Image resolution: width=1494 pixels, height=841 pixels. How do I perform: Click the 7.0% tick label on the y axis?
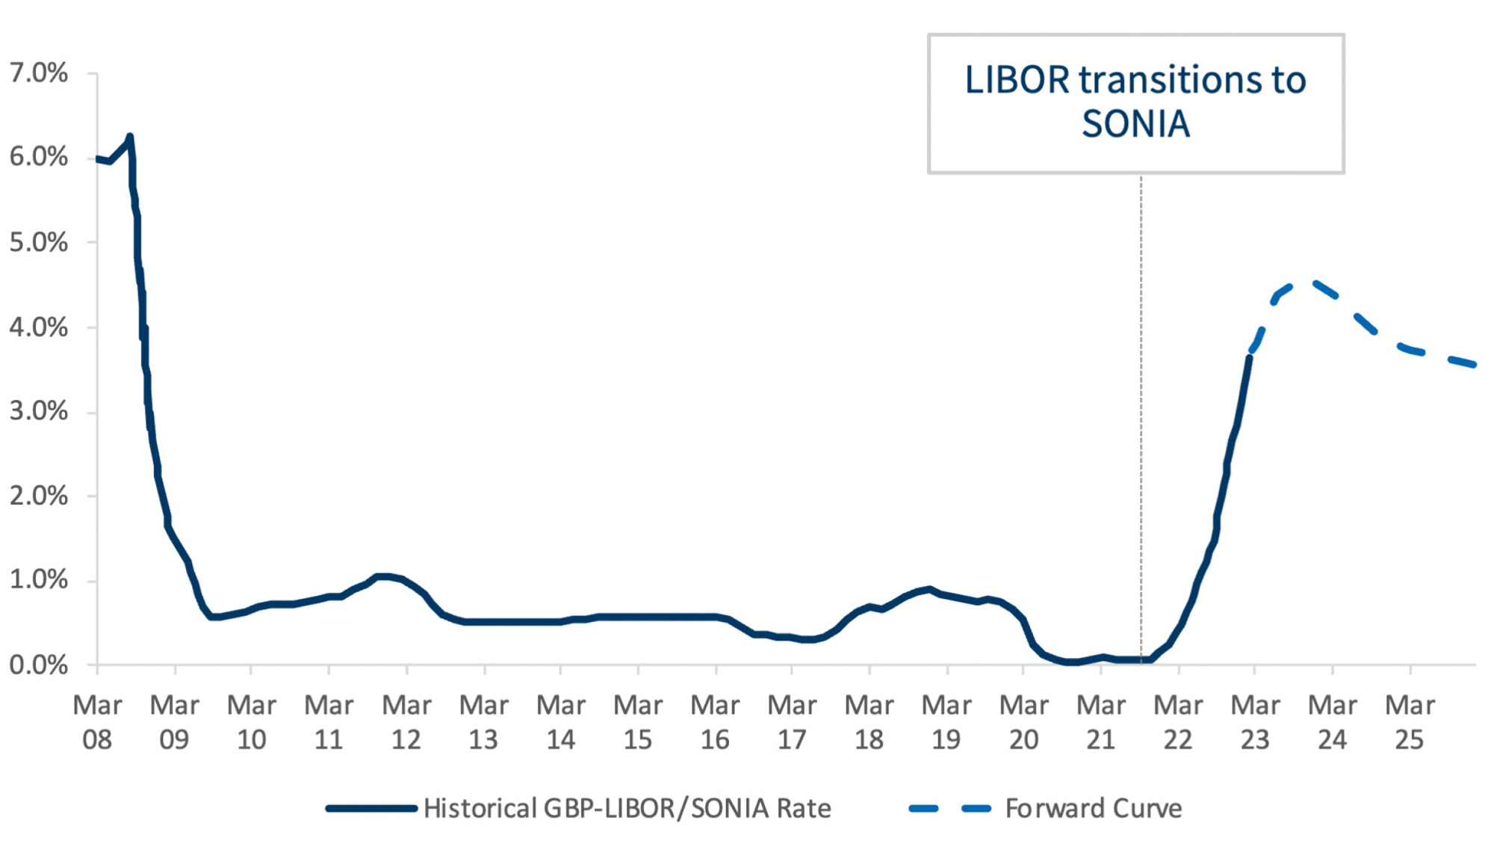(x=38, y=73)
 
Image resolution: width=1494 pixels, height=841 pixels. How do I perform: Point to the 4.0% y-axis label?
(x=38, y=327)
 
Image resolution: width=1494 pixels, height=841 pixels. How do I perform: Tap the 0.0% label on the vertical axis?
(x=38, y=665)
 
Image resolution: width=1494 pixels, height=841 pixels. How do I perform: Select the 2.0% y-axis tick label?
(x=38, y=496)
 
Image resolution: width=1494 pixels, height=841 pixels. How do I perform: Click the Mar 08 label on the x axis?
(x=97, y=722)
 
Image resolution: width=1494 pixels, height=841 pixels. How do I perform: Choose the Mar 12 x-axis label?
(x=406, y=722)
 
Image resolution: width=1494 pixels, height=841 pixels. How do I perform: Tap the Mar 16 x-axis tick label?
(x=715, y=722)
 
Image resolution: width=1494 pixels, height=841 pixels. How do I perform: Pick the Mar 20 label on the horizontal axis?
(x=1023, y=722)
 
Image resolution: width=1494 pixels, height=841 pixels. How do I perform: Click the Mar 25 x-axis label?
(x=1410, y=722)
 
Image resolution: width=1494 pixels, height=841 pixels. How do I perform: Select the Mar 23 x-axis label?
(x=1255, y=722)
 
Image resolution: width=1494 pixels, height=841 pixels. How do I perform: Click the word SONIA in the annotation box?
(x=1135, y=124)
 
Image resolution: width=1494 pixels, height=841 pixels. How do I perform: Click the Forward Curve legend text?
(x=1094, y=808)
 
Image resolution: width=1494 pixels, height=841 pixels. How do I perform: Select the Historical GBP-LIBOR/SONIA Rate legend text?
(x=627, y=808)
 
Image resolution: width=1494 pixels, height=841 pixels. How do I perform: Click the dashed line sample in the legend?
(x=949, y=808)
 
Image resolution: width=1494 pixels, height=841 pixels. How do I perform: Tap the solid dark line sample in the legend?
(x=371, y=808)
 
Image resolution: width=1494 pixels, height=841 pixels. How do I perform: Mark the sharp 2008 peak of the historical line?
(x=130, y=137)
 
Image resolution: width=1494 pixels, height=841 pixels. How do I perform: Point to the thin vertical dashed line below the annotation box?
(x=1141, y=411)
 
